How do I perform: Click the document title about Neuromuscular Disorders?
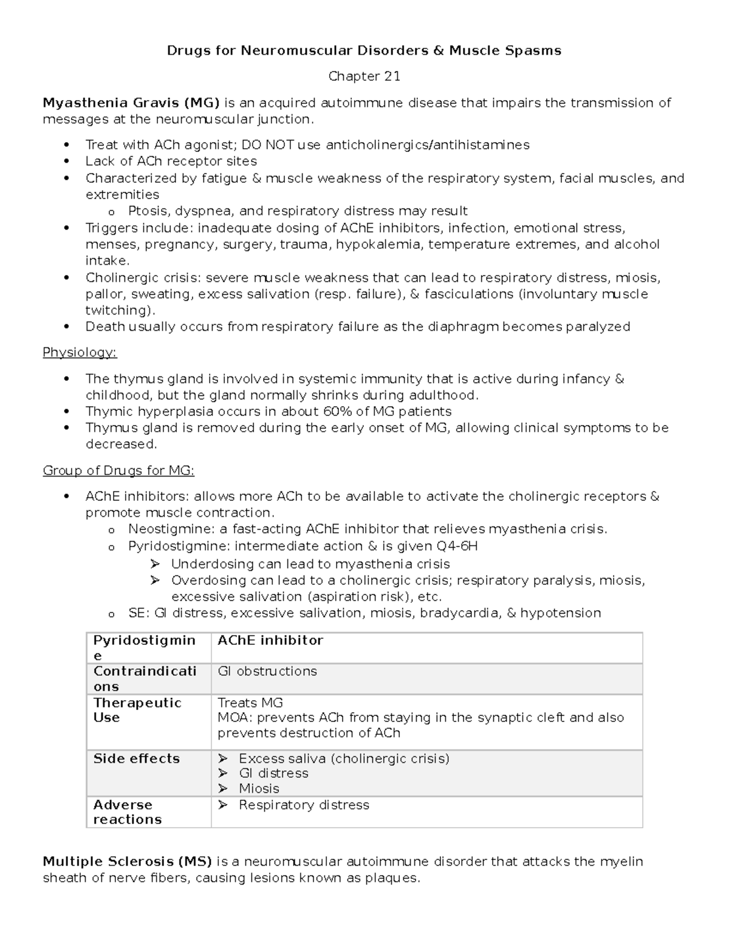click(364, 50)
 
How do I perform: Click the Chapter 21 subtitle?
click(364, 77)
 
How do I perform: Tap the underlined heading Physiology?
click(80, 353)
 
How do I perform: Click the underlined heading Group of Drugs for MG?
click(118, 471)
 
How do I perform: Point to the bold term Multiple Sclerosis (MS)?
click(127, 862)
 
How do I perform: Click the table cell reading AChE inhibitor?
click(270, 641)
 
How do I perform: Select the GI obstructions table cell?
click(267, 672)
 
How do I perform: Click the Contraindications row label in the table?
click(145, 679)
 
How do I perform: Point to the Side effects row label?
click(137, 758)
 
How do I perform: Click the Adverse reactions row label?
click(128, 812)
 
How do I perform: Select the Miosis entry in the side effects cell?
click(259, 789)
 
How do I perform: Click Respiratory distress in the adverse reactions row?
click(304, 805)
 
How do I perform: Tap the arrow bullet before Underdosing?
click(155, 564)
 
